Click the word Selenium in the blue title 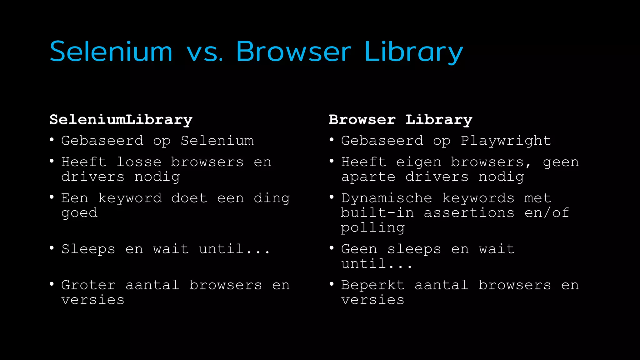[x=111, y=51]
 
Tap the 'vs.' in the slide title [x=205, y=52]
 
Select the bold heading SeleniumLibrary [x=121, y=120]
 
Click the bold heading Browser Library [x=400, y=120]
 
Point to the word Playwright [x=506, y=141]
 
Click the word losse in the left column [x=139, y=162]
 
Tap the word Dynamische [x=387, y=198]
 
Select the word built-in [x=377, y=213]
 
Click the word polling [x=373, y=228]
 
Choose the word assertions [x=469, y=213]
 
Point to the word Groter [x=88, y=285]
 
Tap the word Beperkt [x=373, y=285]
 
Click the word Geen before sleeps [x=359, y=249]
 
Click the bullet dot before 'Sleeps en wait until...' [x=52, y=248]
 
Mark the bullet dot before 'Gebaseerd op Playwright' [x=332, y=140]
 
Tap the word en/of [x=547, y=213]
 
